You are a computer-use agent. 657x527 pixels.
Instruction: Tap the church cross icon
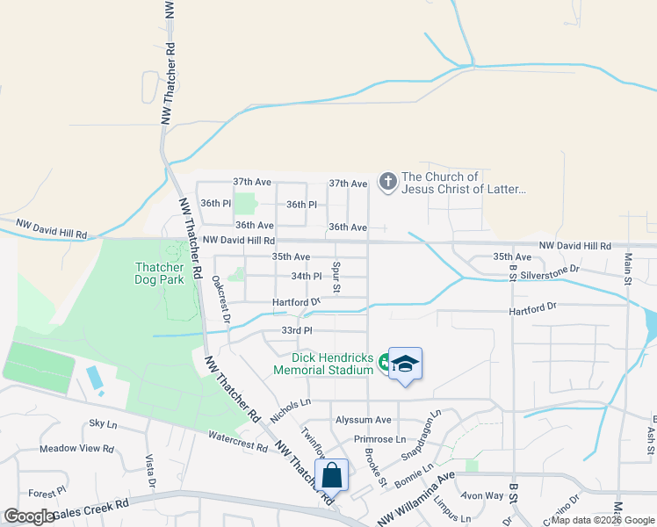(387, 182)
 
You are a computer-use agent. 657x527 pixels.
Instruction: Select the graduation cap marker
(405, 363)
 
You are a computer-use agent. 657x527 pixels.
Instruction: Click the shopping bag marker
(332, 476)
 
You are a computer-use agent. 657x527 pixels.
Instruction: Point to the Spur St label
(336, 276)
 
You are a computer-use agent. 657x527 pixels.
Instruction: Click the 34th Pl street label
(307, 276)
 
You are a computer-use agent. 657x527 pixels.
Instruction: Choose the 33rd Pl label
(297, 330)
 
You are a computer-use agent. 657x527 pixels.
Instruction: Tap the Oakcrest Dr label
(220, 300)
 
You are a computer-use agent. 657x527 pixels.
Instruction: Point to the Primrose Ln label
(379, 439)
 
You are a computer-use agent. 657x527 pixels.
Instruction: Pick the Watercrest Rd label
(237, 440)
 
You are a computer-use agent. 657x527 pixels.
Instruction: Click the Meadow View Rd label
(76, 449)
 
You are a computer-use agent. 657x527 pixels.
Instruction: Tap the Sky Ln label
(103, 423)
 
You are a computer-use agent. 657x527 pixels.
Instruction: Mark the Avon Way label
(485, 495)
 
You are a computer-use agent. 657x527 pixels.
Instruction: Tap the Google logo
(30, 516)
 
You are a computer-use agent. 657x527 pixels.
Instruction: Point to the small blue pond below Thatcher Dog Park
(95, 379)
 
